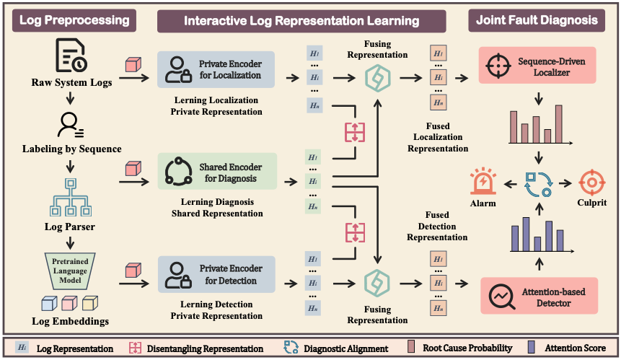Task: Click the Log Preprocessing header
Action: (74, 20)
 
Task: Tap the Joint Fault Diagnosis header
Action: (539, 20)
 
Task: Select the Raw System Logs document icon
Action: (71, 57)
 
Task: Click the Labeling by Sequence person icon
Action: (71, 125)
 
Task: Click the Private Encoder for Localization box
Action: (211, 69)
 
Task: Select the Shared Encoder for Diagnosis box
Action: (211, 172)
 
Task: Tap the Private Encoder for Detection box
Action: (211, 274)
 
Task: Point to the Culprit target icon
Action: (590, 182)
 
